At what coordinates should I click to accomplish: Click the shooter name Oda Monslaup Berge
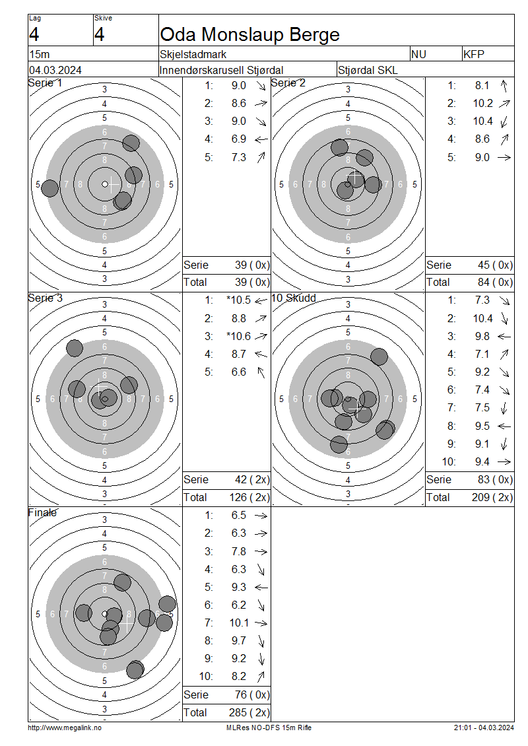coord(250,34)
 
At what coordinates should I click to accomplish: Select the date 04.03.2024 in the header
coord(55,70)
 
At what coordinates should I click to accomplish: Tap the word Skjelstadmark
coord(193,55)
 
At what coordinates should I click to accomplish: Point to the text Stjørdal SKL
coord(368,70)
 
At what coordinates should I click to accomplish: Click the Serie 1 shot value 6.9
coord(238,139)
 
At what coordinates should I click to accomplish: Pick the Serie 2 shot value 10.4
coord(482,121)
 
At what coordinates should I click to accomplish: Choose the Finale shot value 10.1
coord(238,623)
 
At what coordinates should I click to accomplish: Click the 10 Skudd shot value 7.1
coord(482,354)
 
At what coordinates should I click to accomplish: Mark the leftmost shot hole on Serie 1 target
coord(50,188)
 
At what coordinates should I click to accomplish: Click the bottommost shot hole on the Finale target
coord(135,669)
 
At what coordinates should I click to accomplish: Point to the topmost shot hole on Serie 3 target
coord(75,348)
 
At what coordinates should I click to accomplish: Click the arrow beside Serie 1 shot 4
coord(261,139)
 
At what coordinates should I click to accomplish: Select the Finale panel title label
coord(42,512)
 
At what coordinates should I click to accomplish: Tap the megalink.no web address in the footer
coord(65,728)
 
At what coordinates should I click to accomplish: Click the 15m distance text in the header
coord(38,55)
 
